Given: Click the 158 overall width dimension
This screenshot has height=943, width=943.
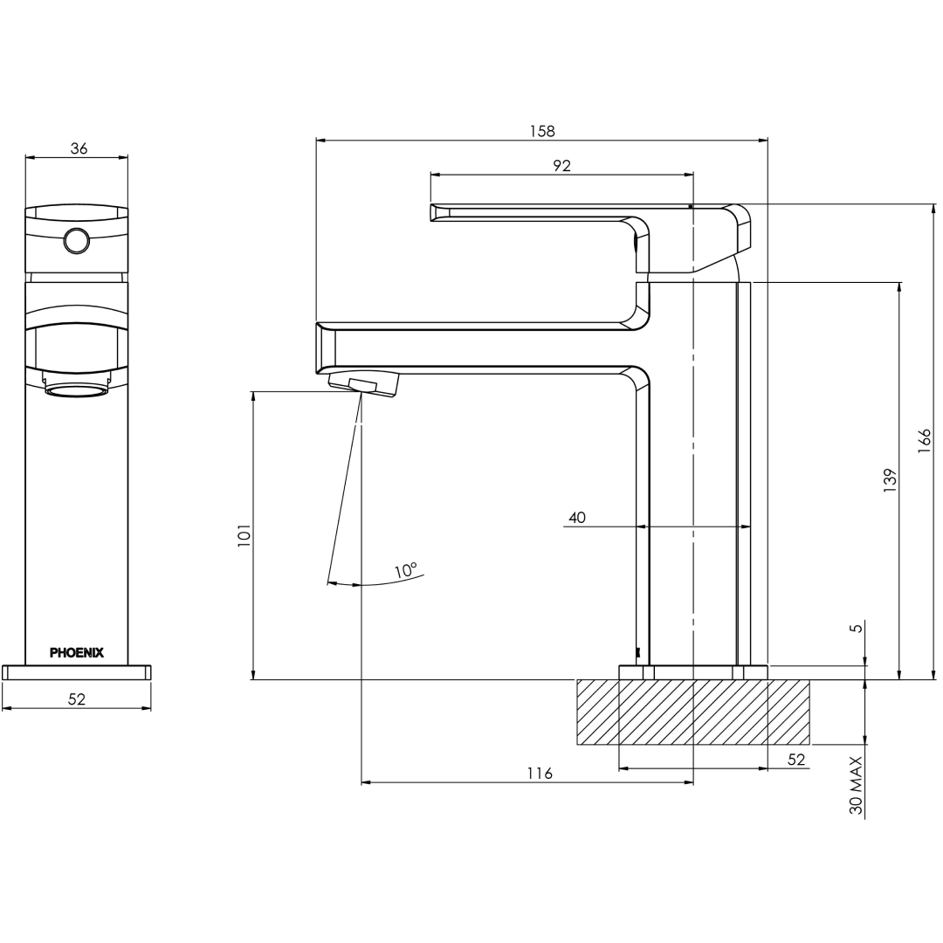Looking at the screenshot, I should pos(542,131).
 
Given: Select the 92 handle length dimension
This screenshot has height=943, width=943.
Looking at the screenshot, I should pos(561,166).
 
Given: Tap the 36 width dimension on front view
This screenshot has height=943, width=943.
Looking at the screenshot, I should pos(79,148).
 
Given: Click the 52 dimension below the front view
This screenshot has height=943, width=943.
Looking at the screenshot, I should pos(77,699).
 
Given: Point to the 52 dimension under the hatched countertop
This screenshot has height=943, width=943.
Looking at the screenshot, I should pos(796,760).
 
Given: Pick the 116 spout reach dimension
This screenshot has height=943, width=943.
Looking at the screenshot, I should pos(540,774).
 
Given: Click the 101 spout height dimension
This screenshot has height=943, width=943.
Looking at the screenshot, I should pos(244,534).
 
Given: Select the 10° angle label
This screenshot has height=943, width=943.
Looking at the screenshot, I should pos(406,571).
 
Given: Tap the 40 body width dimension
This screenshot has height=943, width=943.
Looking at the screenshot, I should pos(577,517).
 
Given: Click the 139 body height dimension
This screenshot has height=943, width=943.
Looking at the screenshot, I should pos(890,480).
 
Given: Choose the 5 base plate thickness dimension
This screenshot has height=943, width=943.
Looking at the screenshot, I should pos(857,627).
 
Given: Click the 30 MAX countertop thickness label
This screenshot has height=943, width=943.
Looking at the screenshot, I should pos(857,786).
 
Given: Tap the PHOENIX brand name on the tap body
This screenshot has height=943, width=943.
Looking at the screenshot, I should pos(77,652).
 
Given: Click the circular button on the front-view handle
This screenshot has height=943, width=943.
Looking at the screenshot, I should pos(77,240).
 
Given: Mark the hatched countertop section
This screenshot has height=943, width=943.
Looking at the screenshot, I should pos(692,712).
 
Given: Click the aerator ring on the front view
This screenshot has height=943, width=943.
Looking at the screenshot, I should pos(76,389).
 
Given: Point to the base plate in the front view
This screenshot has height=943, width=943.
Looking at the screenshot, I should pos(77,672).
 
